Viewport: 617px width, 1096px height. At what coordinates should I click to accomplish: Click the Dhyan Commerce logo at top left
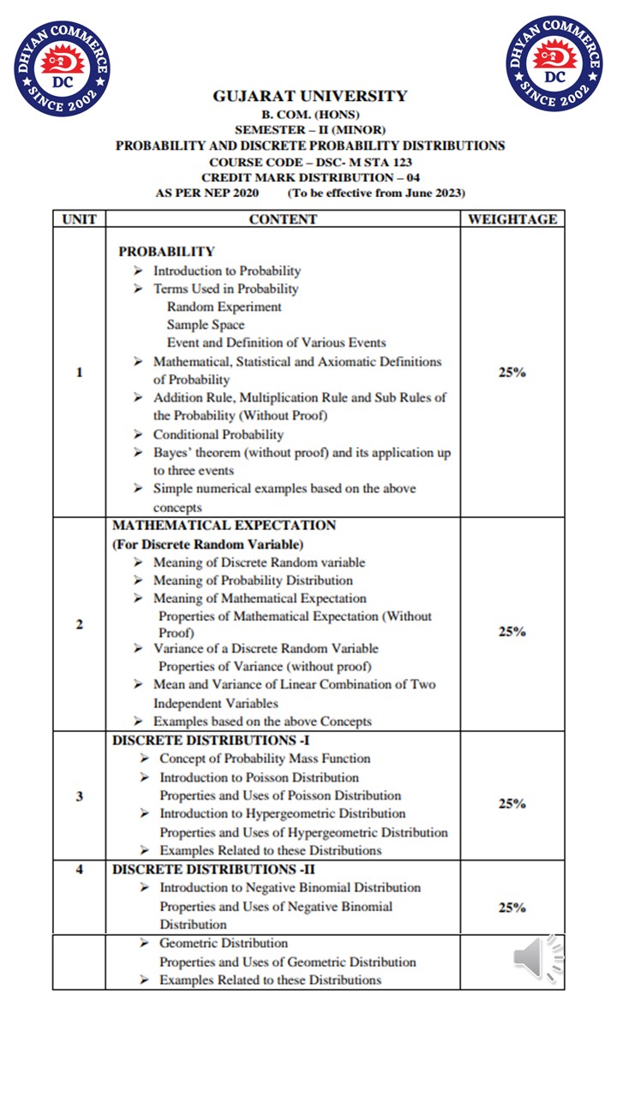[62, 68]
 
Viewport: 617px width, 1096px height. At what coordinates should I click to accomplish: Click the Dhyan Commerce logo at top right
[554, 63]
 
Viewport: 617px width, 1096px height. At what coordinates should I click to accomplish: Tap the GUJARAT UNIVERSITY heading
[309, 96]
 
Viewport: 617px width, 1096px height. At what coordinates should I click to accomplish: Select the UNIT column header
[79, 219]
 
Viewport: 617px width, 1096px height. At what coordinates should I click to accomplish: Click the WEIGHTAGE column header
[512, 219]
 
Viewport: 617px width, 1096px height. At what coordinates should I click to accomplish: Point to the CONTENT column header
[283, 219]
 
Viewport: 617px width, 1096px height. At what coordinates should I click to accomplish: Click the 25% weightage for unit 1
[512, 372]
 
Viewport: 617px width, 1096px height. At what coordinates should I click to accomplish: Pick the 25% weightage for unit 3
[512, 804]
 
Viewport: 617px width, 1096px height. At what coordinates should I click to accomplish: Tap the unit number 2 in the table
[79, 624]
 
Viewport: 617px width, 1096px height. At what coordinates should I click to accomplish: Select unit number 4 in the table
[79, 870]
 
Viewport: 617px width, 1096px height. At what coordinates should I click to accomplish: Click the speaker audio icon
[538, 957]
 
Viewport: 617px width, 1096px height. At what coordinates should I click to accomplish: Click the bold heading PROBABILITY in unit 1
[166, 252]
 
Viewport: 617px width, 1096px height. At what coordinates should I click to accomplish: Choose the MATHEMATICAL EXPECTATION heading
[224, 525]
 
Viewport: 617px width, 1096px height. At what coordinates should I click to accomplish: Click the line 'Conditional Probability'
[218, 434]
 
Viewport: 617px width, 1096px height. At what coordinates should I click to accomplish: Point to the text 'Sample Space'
[206, 325]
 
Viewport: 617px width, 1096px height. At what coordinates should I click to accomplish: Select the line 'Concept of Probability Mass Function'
[265, 759]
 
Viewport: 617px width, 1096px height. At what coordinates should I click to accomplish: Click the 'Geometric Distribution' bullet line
[223, 943]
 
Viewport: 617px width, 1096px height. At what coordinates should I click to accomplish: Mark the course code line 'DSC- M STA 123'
[309, 162]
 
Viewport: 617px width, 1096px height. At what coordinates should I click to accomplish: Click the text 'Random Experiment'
[224, 307]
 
